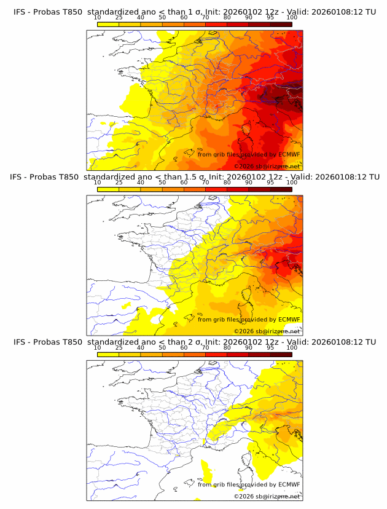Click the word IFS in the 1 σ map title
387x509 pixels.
tap(20, 12)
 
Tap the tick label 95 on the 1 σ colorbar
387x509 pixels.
tap(270, 18)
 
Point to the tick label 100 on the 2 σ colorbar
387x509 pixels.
tap(292, 347)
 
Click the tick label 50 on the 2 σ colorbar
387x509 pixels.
tap(162, 347)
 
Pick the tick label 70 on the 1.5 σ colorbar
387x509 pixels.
tap(205, 183)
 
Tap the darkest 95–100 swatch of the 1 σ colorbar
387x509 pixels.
tap(281, 24)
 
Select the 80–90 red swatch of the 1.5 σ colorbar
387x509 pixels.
tap(238, 189)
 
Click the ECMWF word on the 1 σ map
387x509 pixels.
tap(289, 154)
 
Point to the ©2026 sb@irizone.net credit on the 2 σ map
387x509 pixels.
tap(267, 496)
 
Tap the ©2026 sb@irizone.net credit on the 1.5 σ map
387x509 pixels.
tap(267, 331)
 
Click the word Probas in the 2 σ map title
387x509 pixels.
tap(46, 342)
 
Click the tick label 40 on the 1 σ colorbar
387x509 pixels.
tap(140, 18)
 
